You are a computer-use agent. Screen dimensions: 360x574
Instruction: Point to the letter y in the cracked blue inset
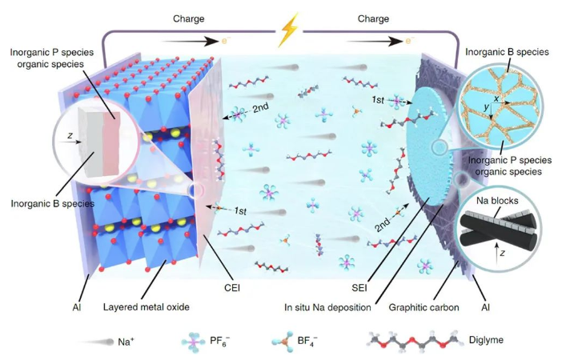[x=484, y=108]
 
